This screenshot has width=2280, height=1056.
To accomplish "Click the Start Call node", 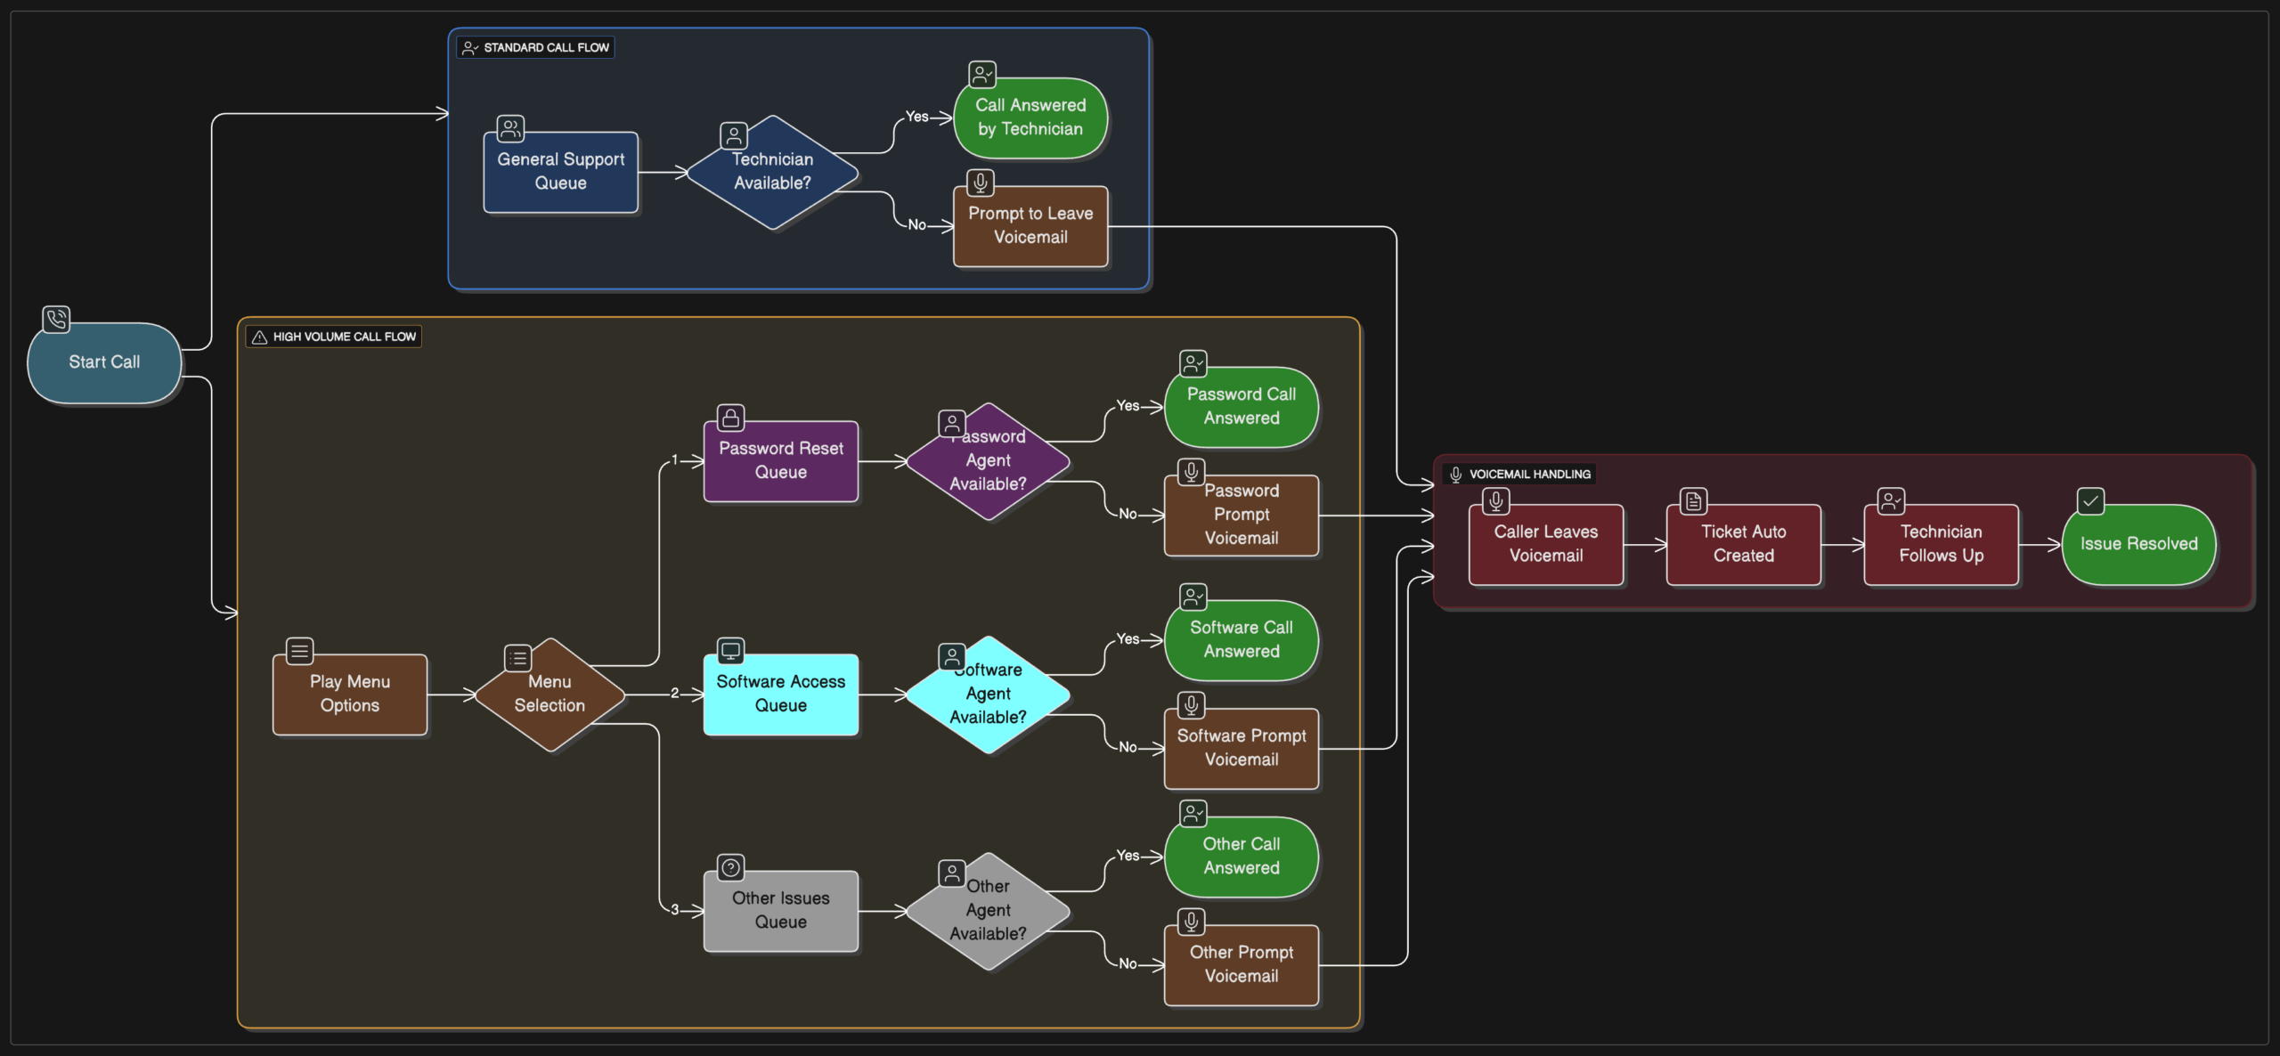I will [x=104, y=362].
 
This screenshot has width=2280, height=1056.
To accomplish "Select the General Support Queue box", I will [x=560, y=172].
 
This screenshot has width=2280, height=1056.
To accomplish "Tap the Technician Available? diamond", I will [x=772, y=172].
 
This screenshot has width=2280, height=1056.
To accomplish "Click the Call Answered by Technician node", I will [x=1030, y=118].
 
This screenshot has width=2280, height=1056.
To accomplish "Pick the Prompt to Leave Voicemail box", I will [x=1030, y=226].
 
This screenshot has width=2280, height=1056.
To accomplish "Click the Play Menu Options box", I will [x=349, y=694].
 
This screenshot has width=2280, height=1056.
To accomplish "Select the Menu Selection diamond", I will [x=550, y=694].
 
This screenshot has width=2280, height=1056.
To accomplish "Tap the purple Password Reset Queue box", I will [x=780, y=461].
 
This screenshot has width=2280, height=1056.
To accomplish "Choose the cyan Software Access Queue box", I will [x=780, y=694].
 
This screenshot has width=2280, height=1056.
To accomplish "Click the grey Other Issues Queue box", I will [x=780, y=910].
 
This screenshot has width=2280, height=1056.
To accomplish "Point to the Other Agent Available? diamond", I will [x=988, y=910].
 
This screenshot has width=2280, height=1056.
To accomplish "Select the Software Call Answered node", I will [x=1241, y=639].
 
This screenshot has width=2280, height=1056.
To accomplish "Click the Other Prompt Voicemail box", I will [x=1241, y=964].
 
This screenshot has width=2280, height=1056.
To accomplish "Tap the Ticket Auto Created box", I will [x=1743, y=544].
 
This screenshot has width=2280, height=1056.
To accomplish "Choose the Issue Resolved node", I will [x=2138, y=544].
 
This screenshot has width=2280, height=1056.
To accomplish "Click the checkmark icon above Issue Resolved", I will [x=2090, y=501].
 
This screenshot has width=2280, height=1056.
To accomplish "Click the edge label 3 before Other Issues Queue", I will [x=674, y=909].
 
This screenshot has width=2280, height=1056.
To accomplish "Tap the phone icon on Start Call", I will [x=56, y=319].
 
